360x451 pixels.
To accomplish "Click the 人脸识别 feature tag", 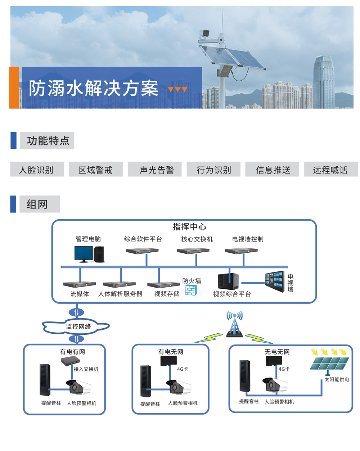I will (x=37, y=170).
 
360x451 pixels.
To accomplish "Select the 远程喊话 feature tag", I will (x=330, y=170).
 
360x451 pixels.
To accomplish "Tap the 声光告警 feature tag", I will (x=155, y=170).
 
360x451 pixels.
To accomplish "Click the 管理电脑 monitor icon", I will (x=84, y=254).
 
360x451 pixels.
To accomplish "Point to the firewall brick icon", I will (x=191, y=290).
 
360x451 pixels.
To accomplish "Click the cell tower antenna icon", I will (x=234, y=324).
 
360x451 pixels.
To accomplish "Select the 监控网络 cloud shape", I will (x=77, y=326).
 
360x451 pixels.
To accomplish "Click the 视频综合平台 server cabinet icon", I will (x=228, y=281).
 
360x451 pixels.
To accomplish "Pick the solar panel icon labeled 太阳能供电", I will (x=329, y=363).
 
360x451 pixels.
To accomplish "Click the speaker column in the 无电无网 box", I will (x=245, y=376).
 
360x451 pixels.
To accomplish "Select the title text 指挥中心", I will (x=189, y=227).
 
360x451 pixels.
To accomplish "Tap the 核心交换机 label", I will (x=197, y=239).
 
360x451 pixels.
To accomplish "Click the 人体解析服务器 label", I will (x=120, y=294).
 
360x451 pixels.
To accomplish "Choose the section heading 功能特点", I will (x=48, y=140).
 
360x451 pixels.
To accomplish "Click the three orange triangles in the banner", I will (x=177, y=90).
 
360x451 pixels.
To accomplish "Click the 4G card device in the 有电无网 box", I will (x=169, y=361).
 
